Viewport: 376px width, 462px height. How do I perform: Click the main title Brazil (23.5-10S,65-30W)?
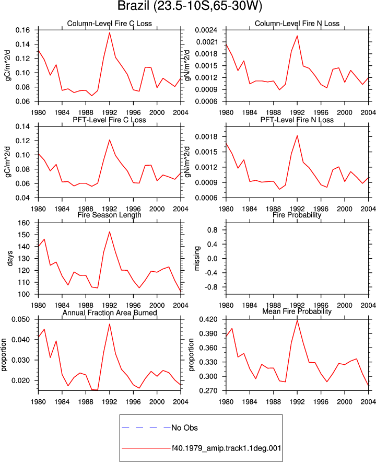(x=190, y=6)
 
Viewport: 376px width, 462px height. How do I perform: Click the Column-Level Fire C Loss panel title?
(x=110, y=24)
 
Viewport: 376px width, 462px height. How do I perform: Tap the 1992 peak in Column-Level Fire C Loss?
(x=110, y=32)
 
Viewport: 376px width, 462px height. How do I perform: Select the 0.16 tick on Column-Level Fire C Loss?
(x=22, y=30)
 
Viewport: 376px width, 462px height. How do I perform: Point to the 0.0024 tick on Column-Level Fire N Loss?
(x=206, y=30)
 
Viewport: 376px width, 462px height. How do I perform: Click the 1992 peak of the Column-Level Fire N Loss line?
(x=297, y=36)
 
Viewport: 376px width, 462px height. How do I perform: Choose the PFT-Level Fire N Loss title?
(x=297, y=120)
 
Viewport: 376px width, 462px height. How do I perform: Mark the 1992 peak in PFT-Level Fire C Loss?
(x=110, y=140)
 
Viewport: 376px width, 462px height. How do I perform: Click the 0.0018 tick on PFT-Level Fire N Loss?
(x=206, y=137)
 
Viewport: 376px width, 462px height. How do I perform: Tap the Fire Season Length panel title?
(x=110, y=215)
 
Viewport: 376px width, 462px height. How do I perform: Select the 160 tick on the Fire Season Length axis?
(x=24, y=223)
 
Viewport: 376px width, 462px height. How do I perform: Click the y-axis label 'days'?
(x=10, y=258)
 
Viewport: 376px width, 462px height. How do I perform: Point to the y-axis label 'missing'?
(x=197, y=258)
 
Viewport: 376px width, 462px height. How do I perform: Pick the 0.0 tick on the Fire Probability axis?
(x=213, y=258)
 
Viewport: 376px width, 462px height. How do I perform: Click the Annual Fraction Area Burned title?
(x=110, y=313)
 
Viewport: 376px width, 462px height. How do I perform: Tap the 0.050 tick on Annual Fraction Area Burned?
(x=20, y=319)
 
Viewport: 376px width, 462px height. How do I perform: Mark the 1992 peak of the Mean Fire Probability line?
(x=297, y=320)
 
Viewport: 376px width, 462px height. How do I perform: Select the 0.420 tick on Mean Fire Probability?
(x=208, y=319)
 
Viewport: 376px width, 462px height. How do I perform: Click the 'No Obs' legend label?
(x=185, y=428)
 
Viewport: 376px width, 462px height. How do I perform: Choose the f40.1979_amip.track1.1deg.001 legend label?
(x=227, y=448)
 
